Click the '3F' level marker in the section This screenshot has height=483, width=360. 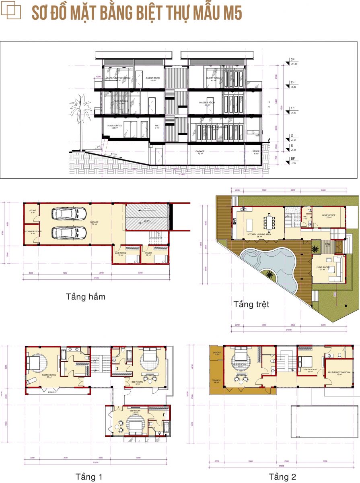pyautogui.click(x=292, y=60)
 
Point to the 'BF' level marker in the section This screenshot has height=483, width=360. pyautogui.click(x=292, y=159)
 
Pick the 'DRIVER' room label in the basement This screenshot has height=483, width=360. pyautogui.click(x=148, y=254)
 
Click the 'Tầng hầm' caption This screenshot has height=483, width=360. pyautogui.click(x=86, y=297)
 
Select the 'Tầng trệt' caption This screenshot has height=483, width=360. pyautogui.click(x=251, y=304)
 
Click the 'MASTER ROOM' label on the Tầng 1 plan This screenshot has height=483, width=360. pyautogui.click(x=49, y=376)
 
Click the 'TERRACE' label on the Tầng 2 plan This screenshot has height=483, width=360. pyautogui.click(x=216, y=381)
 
